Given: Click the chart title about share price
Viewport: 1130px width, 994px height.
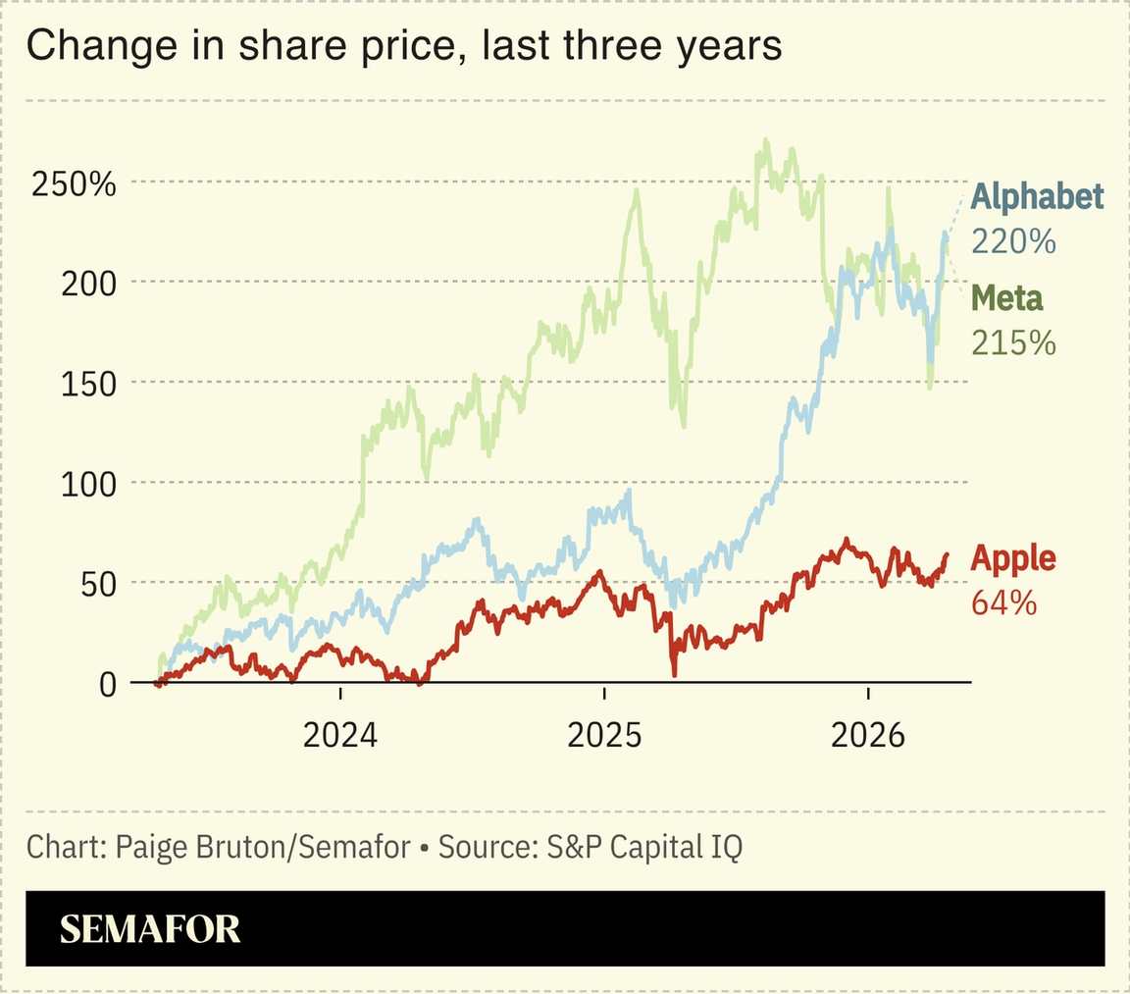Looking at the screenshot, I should tap(403, 47).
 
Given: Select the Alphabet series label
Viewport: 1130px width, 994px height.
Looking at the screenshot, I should tap(1037, 197).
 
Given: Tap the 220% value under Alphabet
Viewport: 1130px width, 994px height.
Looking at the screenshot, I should tap(1013, 240).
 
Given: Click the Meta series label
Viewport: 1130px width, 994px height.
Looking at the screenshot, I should tap(1006, 297).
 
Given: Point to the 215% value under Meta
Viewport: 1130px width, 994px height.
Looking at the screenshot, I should tap(1013, 341).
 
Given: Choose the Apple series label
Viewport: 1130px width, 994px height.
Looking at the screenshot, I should tap(1012, 559).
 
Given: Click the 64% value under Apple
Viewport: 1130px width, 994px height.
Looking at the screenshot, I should tap(1003, 602).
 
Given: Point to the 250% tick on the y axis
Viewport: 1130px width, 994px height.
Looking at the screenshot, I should tap(74, 183).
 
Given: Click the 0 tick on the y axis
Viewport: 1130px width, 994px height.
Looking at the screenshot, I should tap(108, 683).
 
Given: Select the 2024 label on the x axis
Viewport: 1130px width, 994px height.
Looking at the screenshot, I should tap(339, 735).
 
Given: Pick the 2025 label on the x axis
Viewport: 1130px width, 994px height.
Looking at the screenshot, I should tap(604, 735).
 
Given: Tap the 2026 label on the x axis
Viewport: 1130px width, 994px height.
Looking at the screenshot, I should tap(869, 735).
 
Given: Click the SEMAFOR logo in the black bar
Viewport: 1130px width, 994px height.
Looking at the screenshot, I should tap(150, 928).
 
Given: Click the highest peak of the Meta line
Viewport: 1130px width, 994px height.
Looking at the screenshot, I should tap(765, 141).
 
